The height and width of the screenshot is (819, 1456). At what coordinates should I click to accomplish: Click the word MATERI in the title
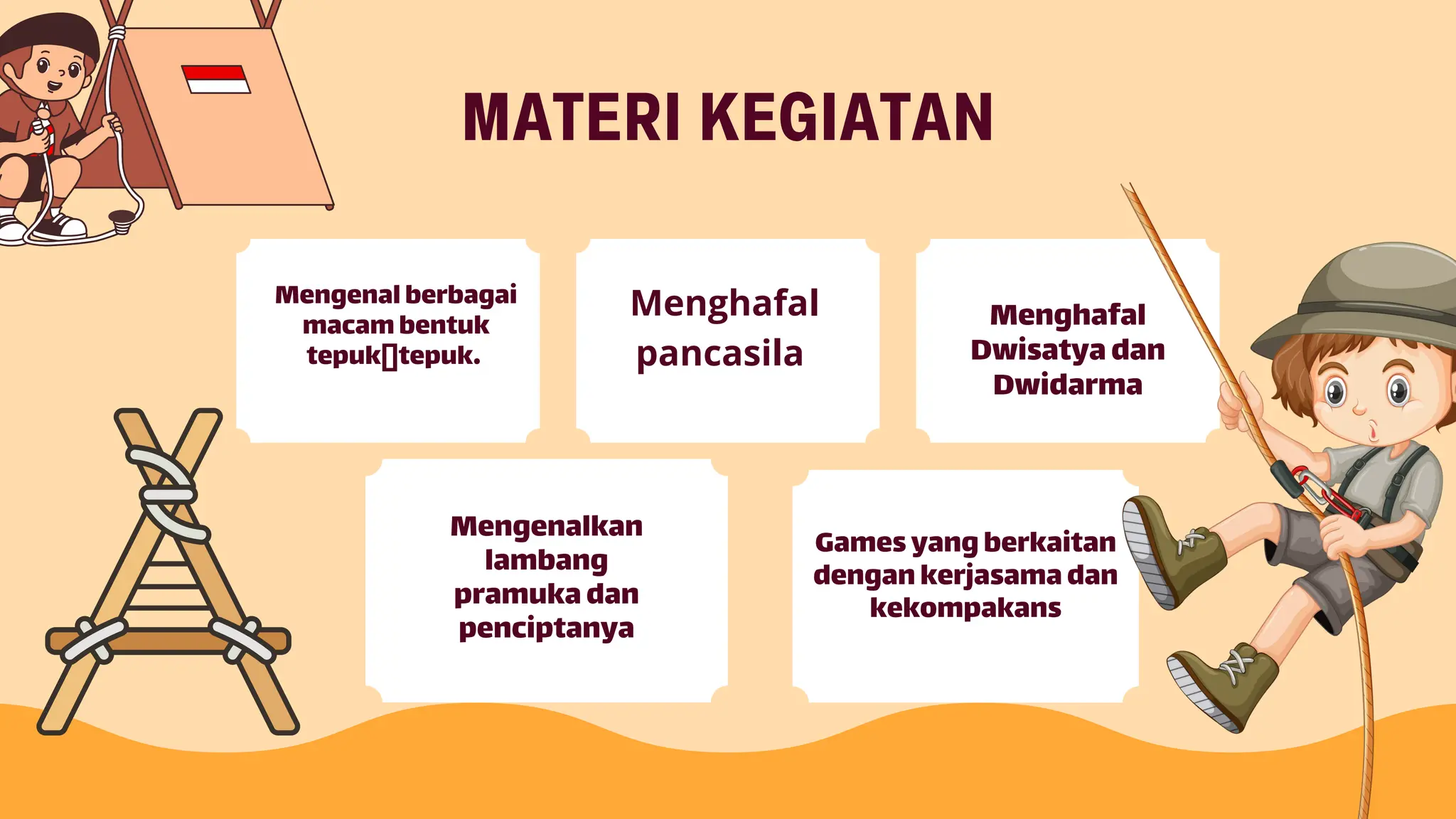point(572,117)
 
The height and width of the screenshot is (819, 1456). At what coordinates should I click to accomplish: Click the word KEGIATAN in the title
point(847,117)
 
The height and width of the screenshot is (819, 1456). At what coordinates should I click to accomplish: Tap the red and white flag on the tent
point(215,79)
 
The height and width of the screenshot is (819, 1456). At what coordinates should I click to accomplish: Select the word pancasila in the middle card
point(719,354)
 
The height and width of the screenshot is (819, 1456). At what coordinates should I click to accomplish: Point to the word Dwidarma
point(1067,385)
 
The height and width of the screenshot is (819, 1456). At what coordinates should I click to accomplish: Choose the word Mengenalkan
point(546,526)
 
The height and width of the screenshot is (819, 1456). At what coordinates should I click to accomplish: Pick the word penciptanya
point(546,628)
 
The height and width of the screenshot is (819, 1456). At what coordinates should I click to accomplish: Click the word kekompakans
point(965,608)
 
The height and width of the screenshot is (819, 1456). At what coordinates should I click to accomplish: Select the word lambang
point(546,560)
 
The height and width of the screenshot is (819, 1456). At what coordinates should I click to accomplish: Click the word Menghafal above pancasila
point(724,303)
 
